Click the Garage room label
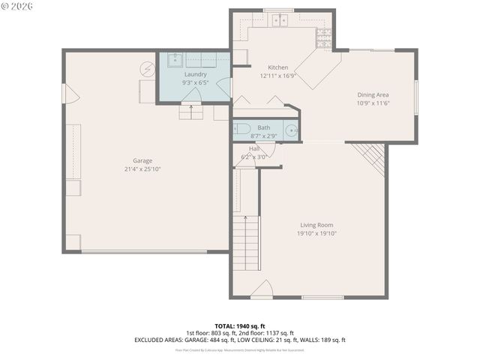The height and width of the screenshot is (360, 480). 142,160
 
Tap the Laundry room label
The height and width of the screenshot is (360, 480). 196,75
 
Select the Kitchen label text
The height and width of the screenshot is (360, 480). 268,67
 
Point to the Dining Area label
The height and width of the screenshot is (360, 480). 373,94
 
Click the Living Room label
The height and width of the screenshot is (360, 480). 316,225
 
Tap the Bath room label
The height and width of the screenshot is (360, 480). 264,127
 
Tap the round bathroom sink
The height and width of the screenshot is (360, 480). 290,130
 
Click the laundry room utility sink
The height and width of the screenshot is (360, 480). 172,61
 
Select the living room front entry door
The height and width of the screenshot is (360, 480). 260,291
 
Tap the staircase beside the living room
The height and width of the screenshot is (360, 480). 245,240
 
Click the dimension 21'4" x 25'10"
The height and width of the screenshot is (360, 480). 142,169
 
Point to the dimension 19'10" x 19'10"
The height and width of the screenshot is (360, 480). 316,233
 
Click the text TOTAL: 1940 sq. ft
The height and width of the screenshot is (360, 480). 239,326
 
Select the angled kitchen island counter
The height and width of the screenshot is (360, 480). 316,73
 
